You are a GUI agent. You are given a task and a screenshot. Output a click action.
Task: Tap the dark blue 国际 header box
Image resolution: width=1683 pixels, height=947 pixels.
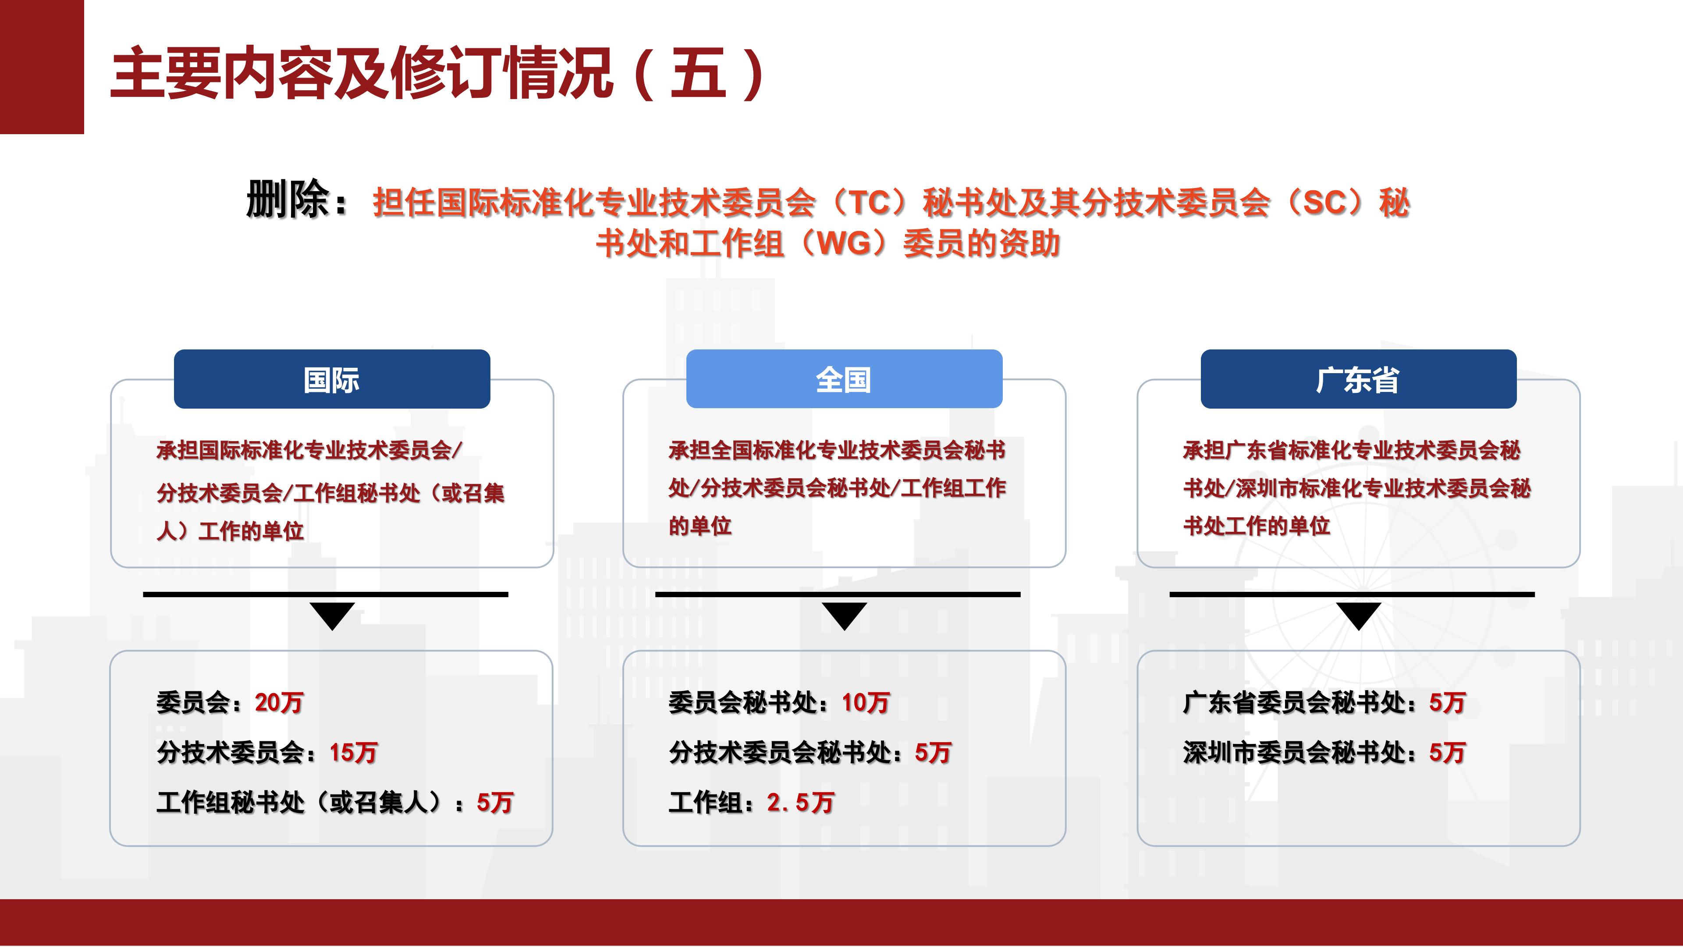coord(332,379)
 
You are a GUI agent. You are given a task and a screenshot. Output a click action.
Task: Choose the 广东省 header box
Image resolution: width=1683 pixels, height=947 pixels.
coord(1358,379)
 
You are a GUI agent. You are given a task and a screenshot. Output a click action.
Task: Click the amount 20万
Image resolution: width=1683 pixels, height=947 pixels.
coord(279,702)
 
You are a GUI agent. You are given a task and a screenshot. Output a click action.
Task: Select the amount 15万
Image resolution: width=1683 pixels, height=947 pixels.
coord(353,752)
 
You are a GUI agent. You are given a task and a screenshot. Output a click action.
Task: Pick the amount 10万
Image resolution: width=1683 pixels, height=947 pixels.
coord(866,702)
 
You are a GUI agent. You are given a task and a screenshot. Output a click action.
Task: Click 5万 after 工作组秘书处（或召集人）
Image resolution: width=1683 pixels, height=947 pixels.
coord(494,803)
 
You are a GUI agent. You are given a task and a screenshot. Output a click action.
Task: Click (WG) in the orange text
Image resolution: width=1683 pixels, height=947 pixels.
coord(843,244)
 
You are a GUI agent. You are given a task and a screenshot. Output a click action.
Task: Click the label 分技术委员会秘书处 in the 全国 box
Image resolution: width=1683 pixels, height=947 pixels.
coord(781,752)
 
